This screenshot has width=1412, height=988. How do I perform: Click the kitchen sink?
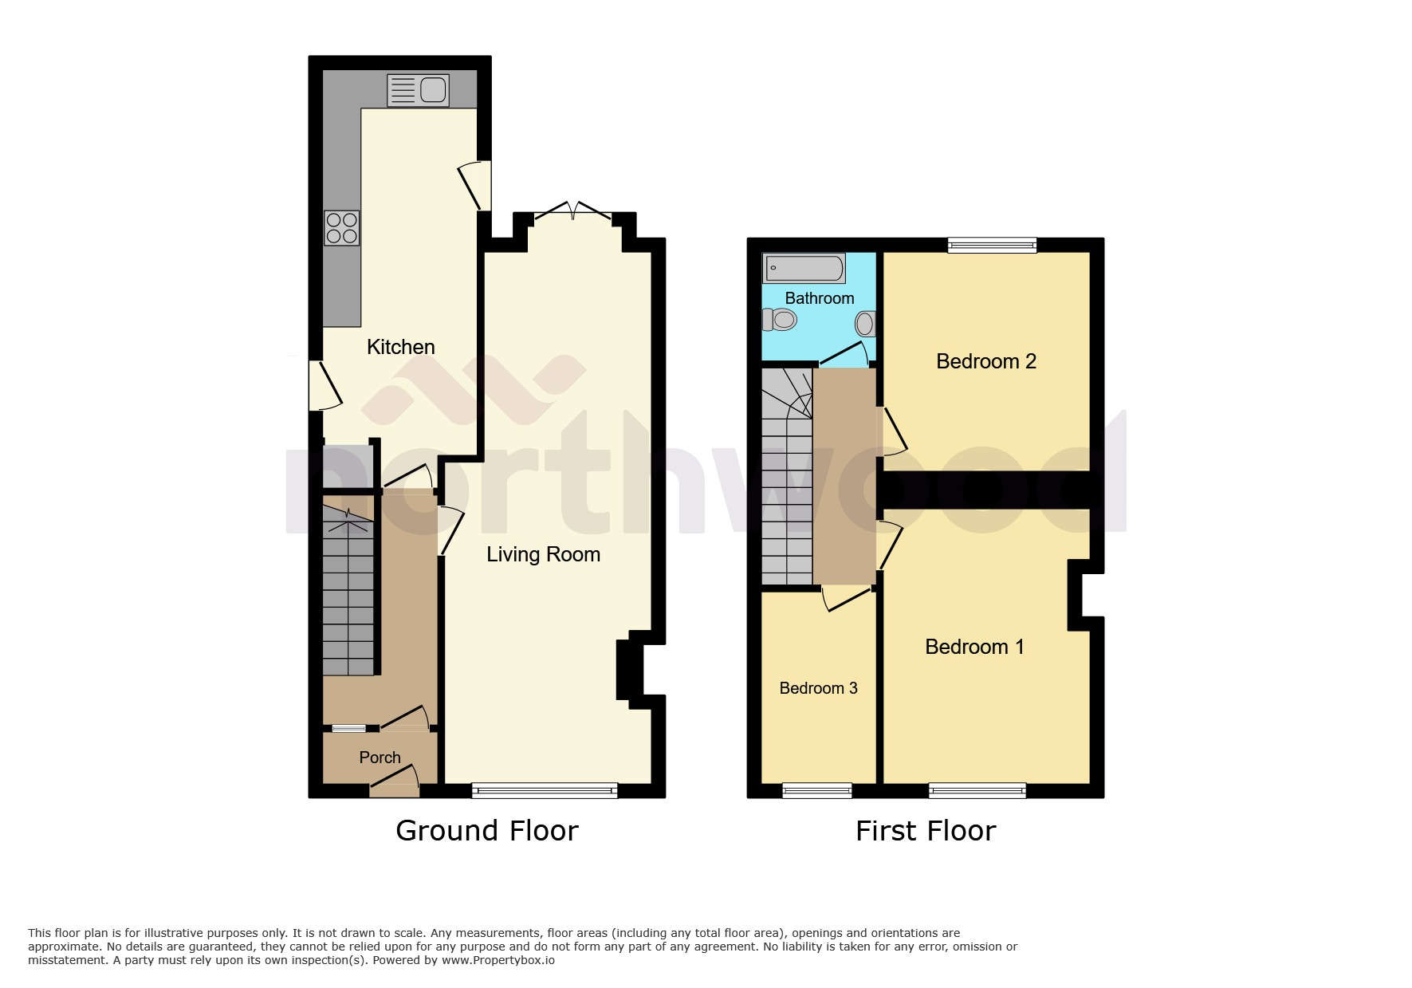click(418, 89)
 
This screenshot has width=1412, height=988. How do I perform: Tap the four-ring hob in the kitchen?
click(342, 227)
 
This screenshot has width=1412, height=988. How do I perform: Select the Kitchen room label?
click(400, 347)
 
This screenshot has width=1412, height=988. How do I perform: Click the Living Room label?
click(543, 554)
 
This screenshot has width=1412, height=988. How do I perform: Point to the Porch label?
click(380, 758)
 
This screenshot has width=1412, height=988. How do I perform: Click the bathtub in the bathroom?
click(804, 269)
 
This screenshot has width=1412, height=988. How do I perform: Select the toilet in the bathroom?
click(780, 321)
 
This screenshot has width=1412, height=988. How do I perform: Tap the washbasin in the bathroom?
click(865, 323)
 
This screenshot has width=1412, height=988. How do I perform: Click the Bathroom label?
click(819, 298)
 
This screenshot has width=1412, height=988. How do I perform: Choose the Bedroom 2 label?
click(985, 361)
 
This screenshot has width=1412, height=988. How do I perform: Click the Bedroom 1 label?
click(973, 647)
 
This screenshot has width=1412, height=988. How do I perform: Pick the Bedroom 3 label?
click(818, 688)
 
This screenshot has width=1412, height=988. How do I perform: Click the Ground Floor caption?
click(486, 831)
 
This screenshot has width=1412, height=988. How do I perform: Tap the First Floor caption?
click(925, 831)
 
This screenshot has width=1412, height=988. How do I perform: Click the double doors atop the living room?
click(573, 211)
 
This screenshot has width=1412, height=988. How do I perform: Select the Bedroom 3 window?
click(816, 790)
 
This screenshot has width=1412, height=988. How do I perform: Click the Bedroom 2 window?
click(992, 246)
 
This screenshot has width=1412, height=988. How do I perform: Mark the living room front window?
click(545, 790)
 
